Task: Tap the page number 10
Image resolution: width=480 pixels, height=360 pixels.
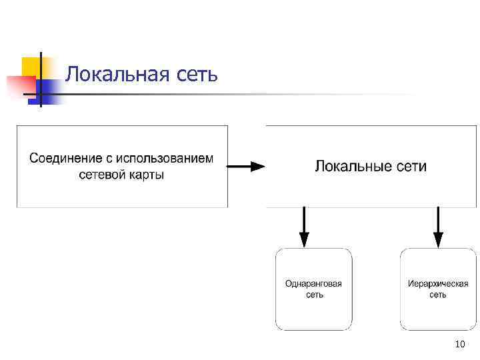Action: tap(459, 345)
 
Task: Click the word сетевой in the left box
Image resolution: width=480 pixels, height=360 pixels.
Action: tap(101, 176)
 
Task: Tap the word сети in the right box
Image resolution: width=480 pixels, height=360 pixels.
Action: tap(411, 166)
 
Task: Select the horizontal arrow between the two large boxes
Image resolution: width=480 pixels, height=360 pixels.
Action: tap(246, 167)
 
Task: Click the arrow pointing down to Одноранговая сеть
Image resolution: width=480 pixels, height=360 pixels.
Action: tap(305, 227)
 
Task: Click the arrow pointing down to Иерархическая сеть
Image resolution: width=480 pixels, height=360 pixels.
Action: tap(438, 227)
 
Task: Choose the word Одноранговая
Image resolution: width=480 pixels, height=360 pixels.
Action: tap(313, 283)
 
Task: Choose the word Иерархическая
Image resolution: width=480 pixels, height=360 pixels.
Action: tap(438, 283)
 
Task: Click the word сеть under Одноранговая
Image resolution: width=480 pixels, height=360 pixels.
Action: tap(314, 295)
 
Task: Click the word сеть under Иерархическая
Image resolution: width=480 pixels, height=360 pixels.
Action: tap(438, 295)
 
